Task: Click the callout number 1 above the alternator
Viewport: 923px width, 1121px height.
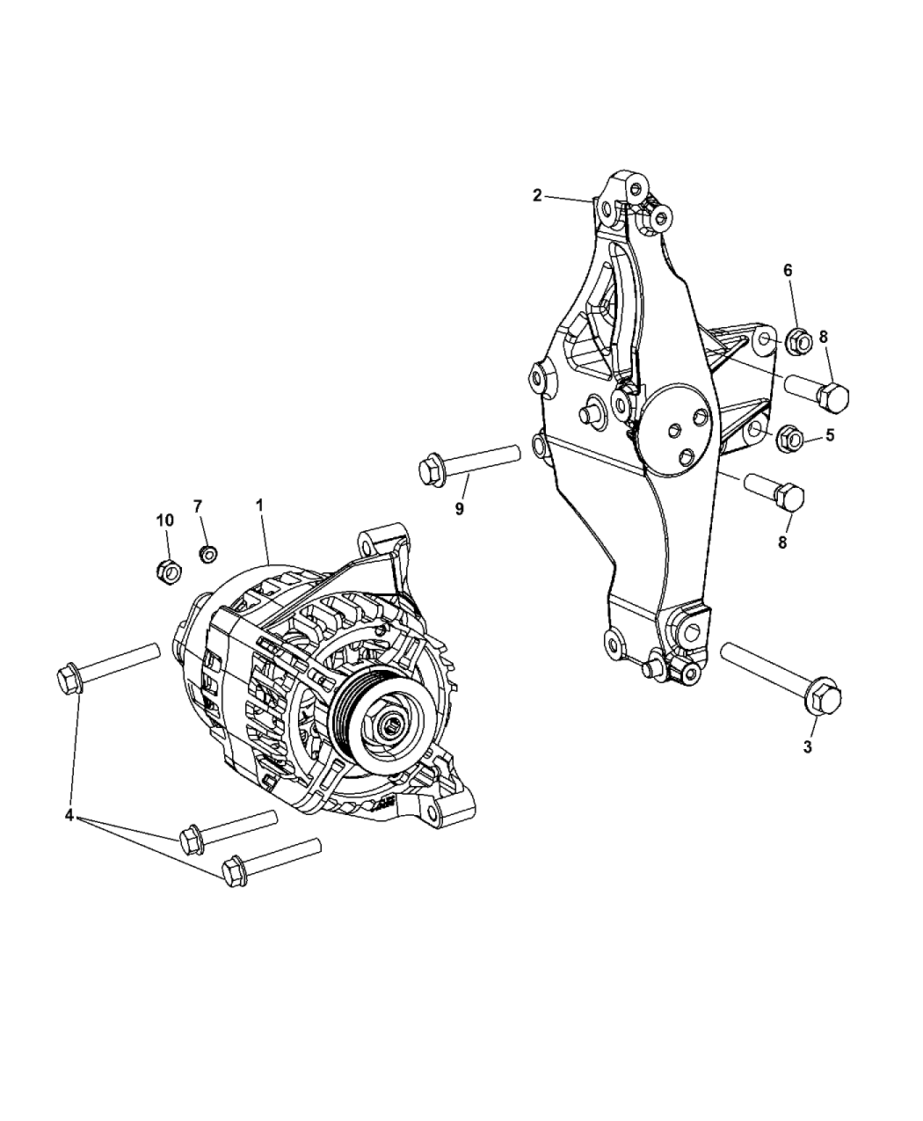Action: coord(260,506)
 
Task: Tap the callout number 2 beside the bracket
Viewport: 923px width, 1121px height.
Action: coord(537,196)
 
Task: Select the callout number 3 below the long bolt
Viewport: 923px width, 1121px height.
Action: coord(808,746)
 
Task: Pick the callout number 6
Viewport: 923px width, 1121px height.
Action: coord(788,271)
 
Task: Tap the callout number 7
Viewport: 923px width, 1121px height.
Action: coord(198,506)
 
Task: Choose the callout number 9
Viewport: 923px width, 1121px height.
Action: coord(459,509)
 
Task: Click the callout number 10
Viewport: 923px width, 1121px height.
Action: coord(165,520)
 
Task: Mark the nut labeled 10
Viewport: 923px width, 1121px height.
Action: coord(169,572)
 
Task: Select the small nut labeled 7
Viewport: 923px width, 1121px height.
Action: coord(208,554)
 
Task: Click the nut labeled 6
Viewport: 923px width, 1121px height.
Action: coord(798,341)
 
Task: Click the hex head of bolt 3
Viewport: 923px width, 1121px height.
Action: coord(824,700)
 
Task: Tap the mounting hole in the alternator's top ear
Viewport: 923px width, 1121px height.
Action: coord(367,547)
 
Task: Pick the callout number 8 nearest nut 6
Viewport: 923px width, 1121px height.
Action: coord(823,337)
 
